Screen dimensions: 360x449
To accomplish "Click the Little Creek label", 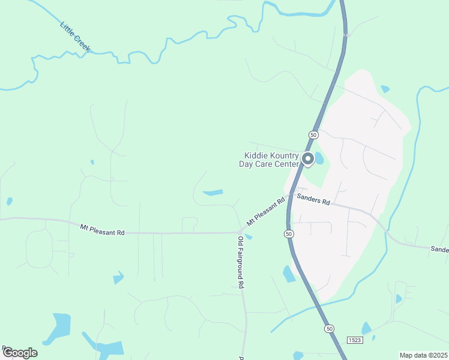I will pos(75,36).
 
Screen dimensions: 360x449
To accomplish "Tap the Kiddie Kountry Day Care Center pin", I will pos(307,159).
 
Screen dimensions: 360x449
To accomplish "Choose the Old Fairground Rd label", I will pos(240,262).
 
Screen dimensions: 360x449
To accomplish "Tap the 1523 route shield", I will pos(355,340).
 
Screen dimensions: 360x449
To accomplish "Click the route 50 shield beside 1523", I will pos(329,329).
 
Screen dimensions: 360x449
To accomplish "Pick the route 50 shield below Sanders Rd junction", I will pos(289,233).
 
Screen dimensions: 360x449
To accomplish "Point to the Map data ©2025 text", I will pos(423,355).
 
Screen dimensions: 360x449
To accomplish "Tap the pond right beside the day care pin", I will pos(319,159).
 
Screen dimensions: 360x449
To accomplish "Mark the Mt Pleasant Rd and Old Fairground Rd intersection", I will pos(240,232).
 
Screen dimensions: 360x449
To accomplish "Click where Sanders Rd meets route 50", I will pos(290,196).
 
